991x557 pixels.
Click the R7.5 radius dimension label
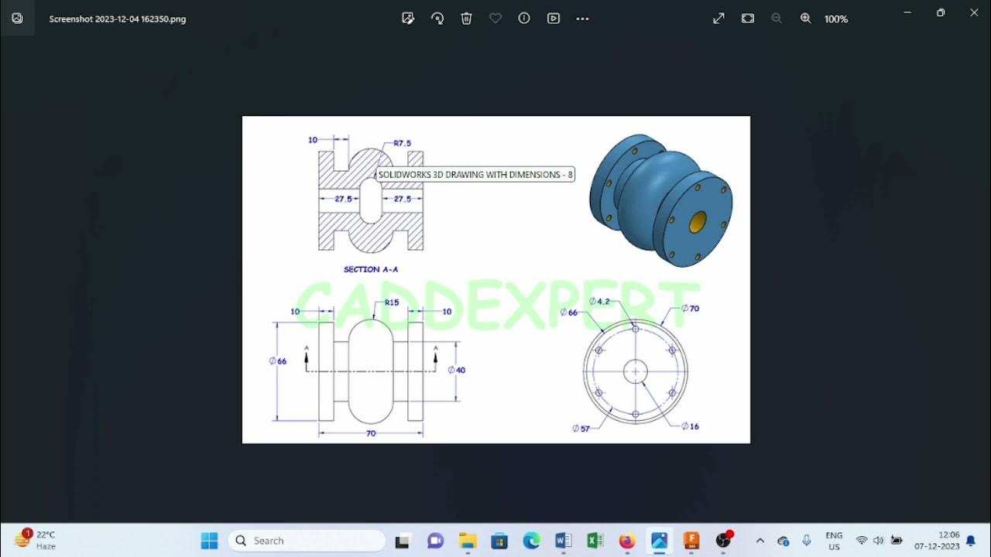402,143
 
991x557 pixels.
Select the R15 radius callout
392,302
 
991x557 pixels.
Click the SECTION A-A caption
371,269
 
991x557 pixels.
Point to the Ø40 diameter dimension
457,370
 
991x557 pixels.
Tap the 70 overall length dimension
371,433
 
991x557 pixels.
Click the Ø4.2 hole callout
599,301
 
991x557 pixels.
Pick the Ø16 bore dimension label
690,426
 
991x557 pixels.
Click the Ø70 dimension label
690,308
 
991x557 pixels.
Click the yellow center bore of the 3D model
698,222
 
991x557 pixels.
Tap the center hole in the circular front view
636,371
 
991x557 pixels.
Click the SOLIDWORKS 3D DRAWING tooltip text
475,175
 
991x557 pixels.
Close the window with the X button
974,13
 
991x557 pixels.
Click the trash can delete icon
466,19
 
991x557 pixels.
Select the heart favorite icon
495,19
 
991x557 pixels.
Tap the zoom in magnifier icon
805,19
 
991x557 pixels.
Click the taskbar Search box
307,541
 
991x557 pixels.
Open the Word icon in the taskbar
563,541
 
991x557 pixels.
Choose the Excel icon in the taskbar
595,541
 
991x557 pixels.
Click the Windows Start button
209,541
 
